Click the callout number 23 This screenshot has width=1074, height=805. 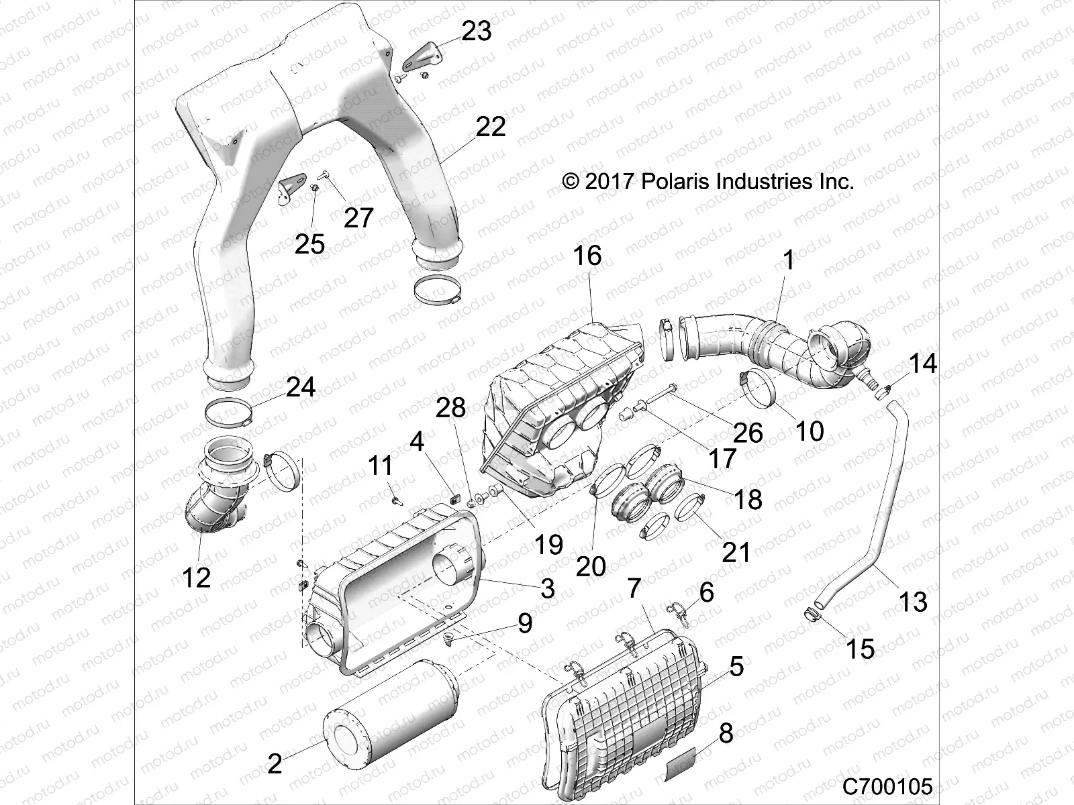(477, 32)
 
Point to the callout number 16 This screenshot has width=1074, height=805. (587, 256)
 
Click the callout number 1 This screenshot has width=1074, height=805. (789, 260)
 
